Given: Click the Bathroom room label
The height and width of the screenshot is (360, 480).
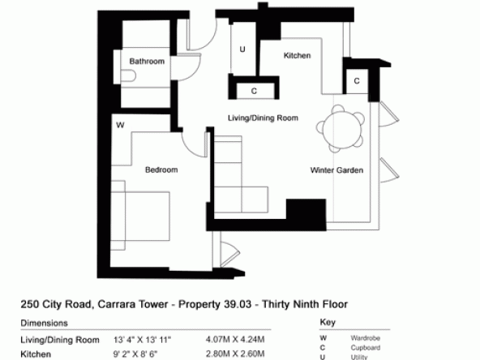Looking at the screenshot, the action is (147, 62).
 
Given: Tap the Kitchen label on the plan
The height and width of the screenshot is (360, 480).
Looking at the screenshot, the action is (297, 55).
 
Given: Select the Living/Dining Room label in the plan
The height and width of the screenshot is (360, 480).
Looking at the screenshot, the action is (263, 118).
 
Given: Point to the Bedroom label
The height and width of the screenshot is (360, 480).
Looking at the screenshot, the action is (161, 170).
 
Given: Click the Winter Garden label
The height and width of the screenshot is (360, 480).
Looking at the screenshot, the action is (336, 170).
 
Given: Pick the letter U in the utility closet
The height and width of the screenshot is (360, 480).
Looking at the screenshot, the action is (242, 49).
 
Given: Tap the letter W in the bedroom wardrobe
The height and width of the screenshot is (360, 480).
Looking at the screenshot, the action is (120, 125).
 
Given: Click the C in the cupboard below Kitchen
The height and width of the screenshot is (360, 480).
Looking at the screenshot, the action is (254, 92).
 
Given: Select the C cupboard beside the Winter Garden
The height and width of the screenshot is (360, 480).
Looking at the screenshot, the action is (357, 81).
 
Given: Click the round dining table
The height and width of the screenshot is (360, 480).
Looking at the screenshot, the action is (341, 129).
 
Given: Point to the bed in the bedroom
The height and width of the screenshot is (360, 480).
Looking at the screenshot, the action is (140, 216).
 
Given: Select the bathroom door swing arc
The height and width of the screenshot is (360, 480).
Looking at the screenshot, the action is (195, 74).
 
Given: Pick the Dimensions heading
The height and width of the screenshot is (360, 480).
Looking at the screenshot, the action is (44, 324).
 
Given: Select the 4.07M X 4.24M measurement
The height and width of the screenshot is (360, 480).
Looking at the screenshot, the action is (235, 340).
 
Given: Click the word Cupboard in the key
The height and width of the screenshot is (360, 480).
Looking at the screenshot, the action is (366, 348).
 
